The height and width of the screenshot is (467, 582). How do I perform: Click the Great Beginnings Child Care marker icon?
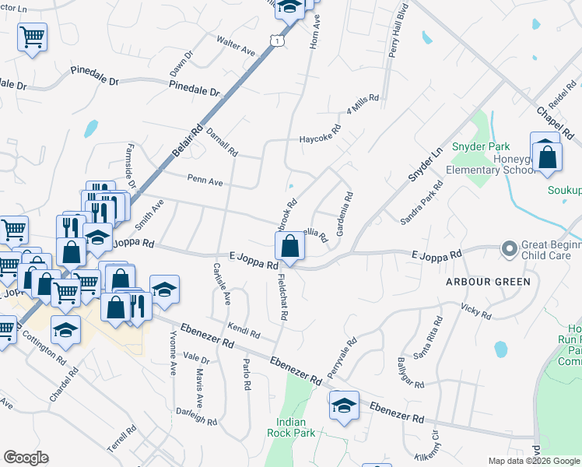[x=510, y=249]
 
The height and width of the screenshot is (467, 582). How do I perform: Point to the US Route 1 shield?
[x=277, y=39]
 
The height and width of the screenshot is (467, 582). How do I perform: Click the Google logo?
[x=26, y=458]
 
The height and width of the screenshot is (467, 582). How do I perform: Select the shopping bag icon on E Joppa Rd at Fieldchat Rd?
[x=289, y=247]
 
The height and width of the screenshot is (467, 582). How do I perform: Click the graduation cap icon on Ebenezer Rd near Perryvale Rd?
[x=344, y=406]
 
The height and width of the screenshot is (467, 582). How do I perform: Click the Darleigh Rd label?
[x=196, y=416]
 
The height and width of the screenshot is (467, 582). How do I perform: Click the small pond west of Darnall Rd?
[x=91, y=128]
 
